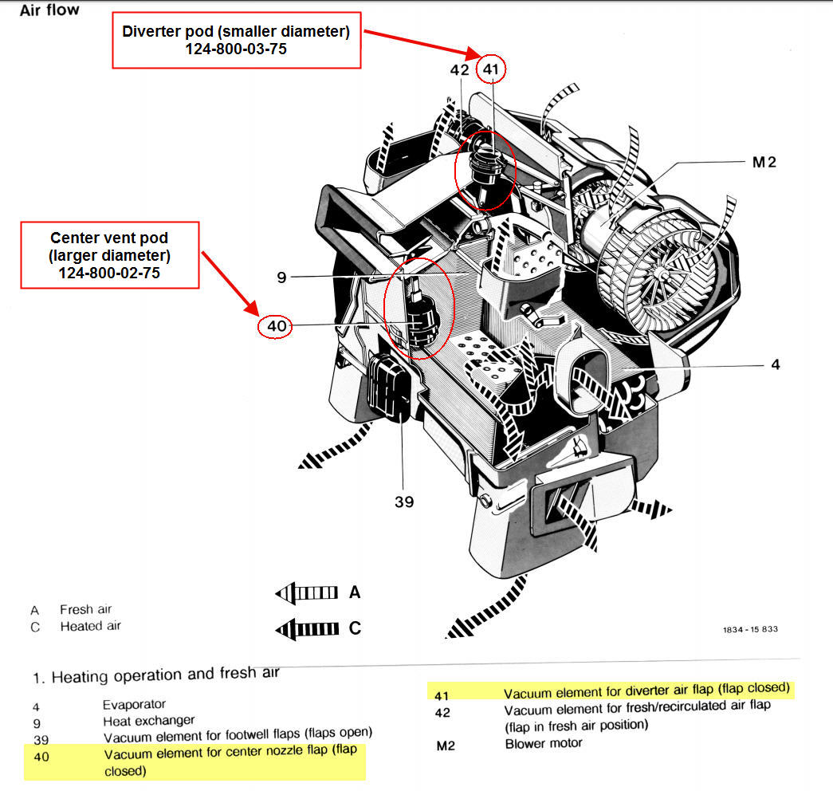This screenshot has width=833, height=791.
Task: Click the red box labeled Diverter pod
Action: point(237,39)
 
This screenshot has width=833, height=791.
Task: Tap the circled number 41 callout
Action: point(490,70)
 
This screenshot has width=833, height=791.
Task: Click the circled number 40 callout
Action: point(276,325)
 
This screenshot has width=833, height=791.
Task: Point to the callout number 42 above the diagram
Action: point(460,70)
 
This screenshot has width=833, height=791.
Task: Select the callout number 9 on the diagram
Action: point(281,277)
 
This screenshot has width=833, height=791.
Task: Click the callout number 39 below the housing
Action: point(404,502)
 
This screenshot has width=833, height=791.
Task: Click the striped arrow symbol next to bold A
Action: point(307,592)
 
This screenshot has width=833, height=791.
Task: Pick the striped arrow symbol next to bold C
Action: point(307,628)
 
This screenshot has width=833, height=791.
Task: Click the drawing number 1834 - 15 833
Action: point(750,629)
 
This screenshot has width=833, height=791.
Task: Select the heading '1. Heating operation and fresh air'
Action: point(156,676)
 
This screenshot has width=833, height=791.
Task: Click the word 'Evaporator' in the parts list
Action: point(135,704)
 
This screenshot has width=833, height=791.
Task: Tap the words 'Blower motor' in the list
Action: point(544,743)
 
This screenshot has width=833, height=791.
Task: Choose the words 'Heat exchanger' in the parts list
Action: point(149,720)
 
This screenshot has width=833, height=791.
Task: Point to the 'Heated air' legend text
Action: point(91,626)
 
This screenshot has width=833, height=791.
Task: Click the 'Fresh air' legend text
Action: point(86,609)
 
